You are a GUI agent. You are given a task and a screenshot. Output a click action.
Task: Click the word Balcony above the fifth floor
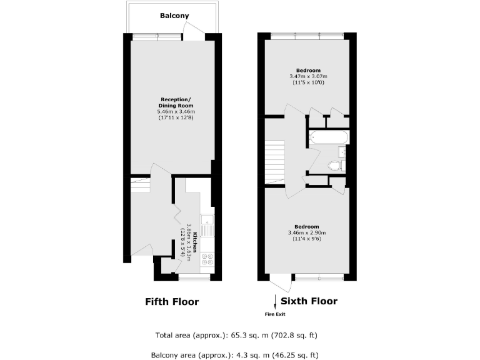(174, 16)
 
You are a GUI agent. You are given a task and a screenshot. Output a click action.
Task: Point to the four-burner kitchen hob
(207, 259)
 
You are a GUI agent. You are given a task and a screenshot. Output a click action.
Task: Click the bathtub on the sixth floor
(328, 137)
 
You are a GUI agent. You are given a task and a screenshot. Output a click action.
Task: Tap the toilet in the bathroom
(335, 166)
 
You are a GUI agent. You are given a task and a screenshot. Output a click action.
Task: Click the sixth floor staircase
(275, 161)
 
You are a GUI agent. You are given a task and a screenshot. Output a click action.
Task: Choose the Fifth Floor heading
(172, 302)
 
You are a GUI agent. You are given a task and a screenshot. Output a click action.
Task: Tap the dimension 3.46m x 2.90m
(307, 233)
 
